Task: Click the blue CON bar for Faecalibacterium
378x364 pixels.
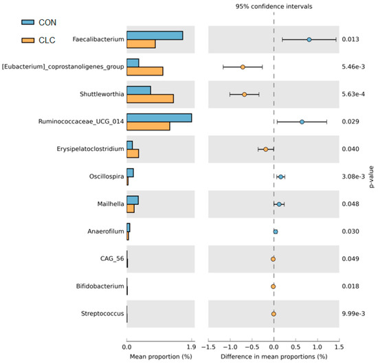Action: click(155, 35)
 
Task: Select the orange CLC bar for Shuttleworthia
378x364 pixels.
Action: click(150, 99)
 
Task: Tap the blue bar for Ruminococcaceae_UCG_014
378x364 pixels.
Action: click(159, 117)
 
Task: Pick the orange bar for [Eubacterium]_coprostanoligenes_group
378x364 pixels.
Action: click(144, 71)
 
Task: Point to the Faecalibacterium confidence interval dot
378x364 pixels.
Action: click(309, 39)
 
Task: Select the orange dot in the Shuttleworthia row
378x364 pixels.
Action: click(244, 94)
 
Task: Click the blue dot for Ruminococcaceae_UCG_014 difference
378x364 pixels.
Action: click(302, 122)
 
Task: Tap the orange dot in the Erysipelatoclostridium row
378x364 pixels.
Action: click(266, 149)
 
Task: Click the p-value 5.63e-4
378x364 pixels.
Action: click(354, 95)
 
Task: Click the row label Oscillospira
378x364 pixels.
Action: click(105, 177)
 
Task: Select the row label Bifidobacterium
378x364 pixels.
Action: click(100, 286)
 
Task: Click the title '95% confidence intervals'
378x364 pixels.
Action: click(274, 7)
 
